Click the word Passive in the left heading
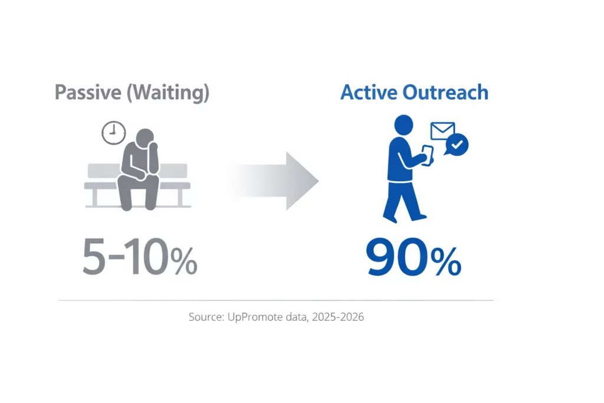click(88, 92)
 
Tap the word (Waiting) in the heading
click(168, 93)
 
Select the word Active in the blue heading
click(369, 92)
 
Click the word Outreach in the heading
click(445, 92)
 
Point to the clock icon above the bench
click(114, 133)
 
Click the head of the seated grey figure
click(145, 138)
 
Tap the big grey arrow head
click(302, 181)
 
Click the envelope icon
click(442, 130)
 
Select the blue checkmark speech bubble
click(457, 145)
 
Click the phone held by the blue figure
click(428, 155)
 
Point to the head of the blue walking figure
click(403, 125)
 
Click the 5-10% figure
click(140, 257)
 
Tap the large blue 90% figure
click(413, 257)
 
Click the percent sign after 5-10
click(184, 261)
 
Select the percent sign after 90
click(446, 261)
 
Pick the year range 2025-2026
click(338, 317)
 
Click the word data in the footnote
click(297, 317)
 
